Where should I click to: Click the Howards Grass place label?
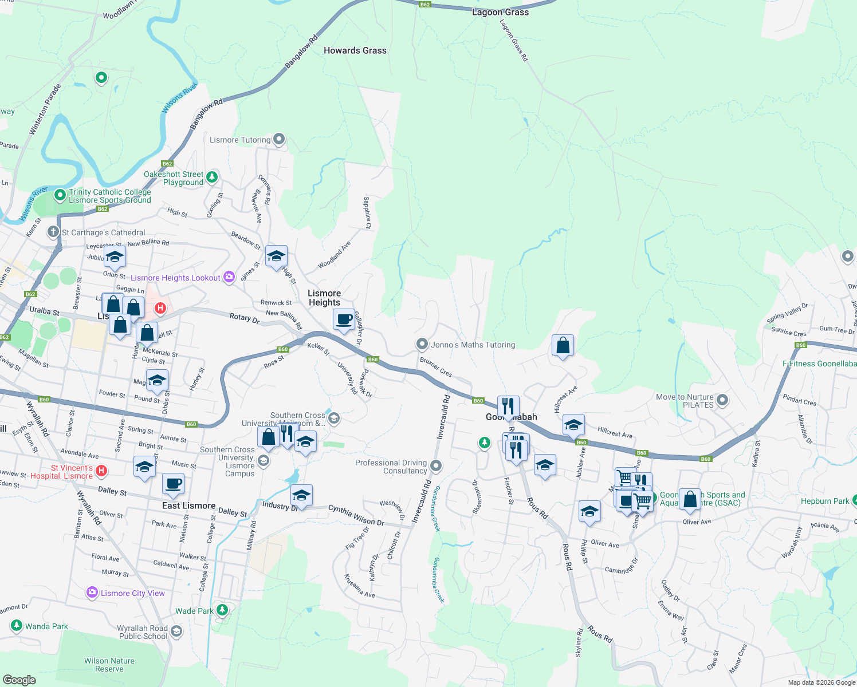[x=355, y=50]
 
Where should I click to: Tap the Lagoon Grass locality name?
[x=500, y=12]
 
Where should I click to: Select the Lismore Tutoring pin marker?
[x=279, y=139]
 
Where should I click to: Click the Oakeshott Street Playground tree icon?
[x=213, y=177]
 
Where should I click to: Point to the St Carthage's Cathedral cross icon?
[x=53, y=232]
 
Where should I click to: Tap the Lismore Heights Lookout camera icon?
[x=229, y=277]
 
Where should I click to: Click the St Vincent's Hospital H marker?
[x=101, y=471]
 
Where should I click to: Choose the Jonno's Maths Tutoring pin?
[x=422, y=344]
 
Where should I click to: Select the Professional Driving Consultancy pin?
[x=436, y=466]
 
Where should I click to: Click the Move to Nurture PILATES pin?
[x=722, y=400]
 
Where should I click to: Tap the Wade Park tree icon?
[x=222, y=610]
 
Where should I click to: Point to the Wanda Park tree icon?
[x=17, y=626]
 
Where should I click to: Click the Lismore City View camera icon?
[x=92, y=593]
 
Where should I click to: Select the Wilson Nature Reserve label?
[x=109, y=665]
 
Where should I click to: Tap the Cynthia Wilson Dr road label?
[x=356, y=515]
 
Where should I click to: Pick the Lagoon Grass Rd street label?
[x=513, y=40]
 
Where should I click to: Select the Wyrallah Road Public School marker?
[x=176, y=631]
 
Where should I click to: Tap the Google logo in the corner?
[x=19, y=680]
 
